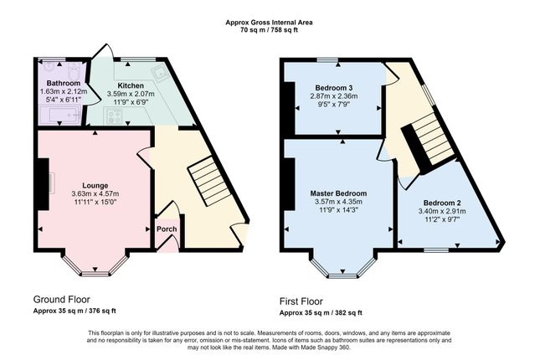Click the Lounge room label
pyautogui.click(x=95, y=186)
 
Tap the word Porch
pyautogui.click(x=167, y=229)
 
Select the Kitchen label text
pyautogui.click(x=131, y=85)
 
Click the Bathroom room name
pyautogui.click(x=64, y=83)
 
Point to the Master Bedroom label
pyautogui.click(x=338, y=193)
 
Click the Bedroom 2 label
pyautogui.click(x=442, y=203)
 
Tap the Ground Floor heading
pyautogui.click(x=62, y=299)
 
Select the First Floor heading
pyautogui.click(x=301, y=301)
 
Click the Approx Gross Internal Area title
pyautogui.click(x=270, y=23)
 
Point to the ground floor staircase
pyautogui.click(x=209, y=181)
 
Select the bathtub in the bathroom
pyautogui.click(x=60, y=115)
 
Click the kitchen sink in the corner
pyautogui.click(x=160, y=73)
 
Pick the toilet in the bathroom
pyautogui.click(x=74, y=71)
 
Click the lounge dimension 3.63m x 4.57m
pyautogui.click(x=95, y=193)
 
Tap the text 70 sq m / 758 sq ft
pyautogui.click(x=270, y=30)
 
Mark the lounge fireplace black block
pyautogui.click(x=43, y=184)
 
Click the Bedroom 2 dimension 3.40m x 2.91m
pyautogui.click(x=442, y=211)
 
